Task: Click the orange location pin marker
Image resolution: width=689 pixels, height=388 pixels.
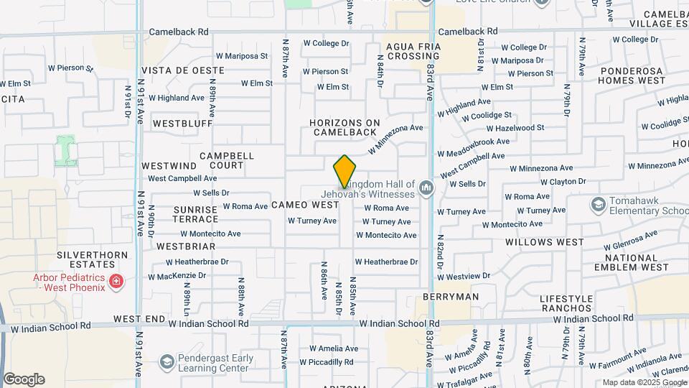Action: click(344, 170)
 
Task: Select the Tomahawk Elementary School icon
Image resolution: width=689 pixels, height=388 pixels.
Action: click(598, 205)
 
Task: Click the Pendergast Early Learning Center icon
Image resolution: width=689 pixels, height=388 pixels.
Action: click(167, 361)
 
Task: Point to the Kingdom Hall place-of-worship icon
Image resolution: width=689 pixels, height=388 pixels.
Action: click(427, 189)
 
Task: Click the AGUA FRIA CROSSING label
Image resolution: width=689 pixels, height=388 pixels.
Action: click(413, 51)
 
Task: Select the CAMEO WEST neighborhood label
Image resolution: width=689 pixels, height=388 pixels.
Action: click(305, 205)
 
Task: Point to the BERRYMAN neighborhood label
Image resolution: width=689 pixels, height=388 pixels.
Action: click(451, 296)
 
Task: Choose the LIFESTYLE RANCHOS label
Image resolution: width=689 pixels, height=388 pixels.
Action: click(567, 304)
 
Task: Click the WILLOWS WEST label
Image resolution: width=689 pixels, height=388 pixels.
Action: click(544, 242)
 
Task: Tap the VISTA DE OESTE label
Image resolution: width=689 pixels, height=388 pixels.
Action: click(182, 71)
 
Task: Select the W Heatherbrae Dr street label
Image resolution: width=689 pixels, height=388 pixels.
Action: click(386, 262)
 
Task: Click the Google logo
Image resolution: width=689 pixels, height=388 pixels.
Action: click(24, 379)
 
